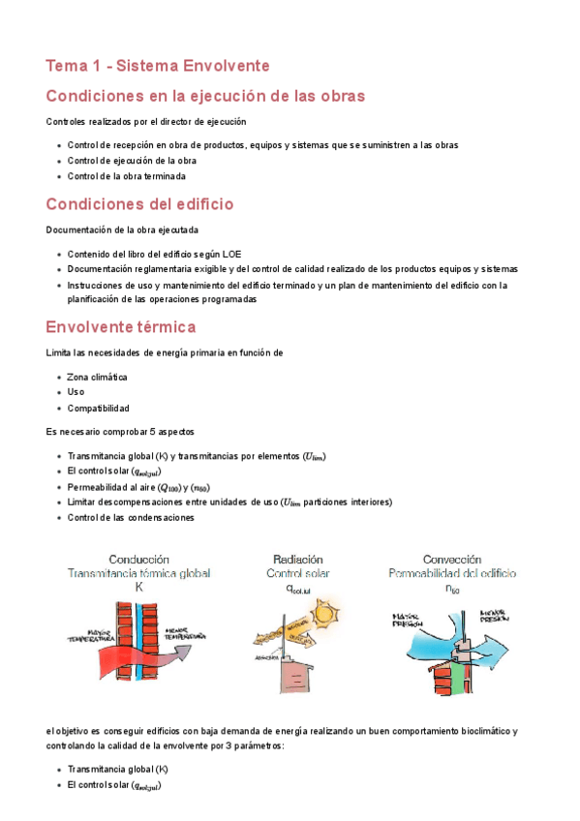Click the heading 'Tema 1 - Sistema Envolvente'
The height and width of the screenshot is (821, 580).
coord(158,66)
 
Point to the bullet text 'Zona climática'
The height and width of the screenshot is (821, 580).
coord(98,377)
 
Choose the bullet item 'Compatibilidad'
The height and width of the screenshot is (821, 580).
coord(98,409)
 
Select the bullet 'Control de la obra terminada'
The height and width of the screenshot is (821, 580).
coord(126,176)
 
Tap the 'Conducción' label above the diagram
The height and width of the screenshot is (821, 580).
coord(139,560)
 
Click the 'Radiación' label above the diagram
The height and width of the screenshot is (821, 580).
coord(298,560)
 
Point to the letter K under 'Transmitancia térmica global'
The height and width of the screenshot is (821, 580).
coord(139,587)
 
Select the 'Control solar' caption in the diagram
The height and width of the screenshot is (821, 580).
coord(298,573)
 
